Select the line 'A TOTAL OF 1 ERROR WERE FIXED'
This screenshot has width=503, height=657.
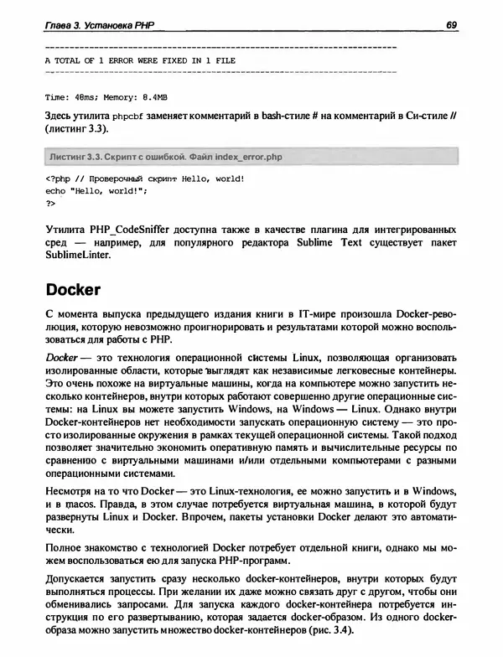tap(139, 61)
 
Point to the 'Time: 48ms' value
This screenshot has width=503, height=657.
tap(67, 96)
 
